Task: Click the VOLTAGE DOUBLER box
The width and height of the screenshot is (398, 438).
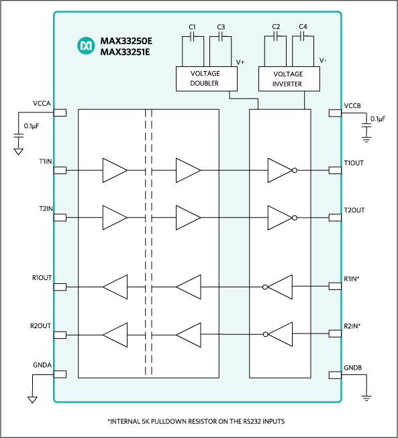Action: (x=205, y=79)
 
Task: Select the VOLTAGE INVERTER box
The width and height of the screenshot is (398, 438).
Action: (x=289, y=79)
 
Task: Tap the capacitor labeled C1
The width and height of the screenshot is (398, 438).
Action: (x=192, y=38)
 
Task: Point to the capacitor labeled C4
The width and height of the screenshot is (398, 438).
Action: (x=303, y=38)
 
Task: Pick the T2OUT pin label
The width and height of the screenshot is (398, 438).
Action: (x=354, y=210)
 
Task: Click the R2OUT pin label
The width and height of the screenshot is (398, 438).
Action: (x=41, y=327)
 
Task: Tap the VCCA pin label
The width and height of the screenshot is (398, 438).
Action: (x=42, y=104)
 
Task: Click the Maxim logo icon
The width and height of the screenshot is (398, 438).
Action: (x=86, y=46)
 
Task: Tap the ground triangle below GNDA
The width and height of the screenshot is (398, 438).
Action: (x=32, y=400)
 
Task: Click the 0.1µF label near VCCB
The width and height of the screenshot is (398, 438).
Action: (x=377, y=119)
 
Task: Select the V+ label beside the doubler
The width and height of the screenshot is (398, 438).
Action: (x=240, y=62)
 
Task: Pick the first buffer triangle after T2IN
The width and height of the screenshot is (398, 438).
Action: (x=114, y=218)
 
